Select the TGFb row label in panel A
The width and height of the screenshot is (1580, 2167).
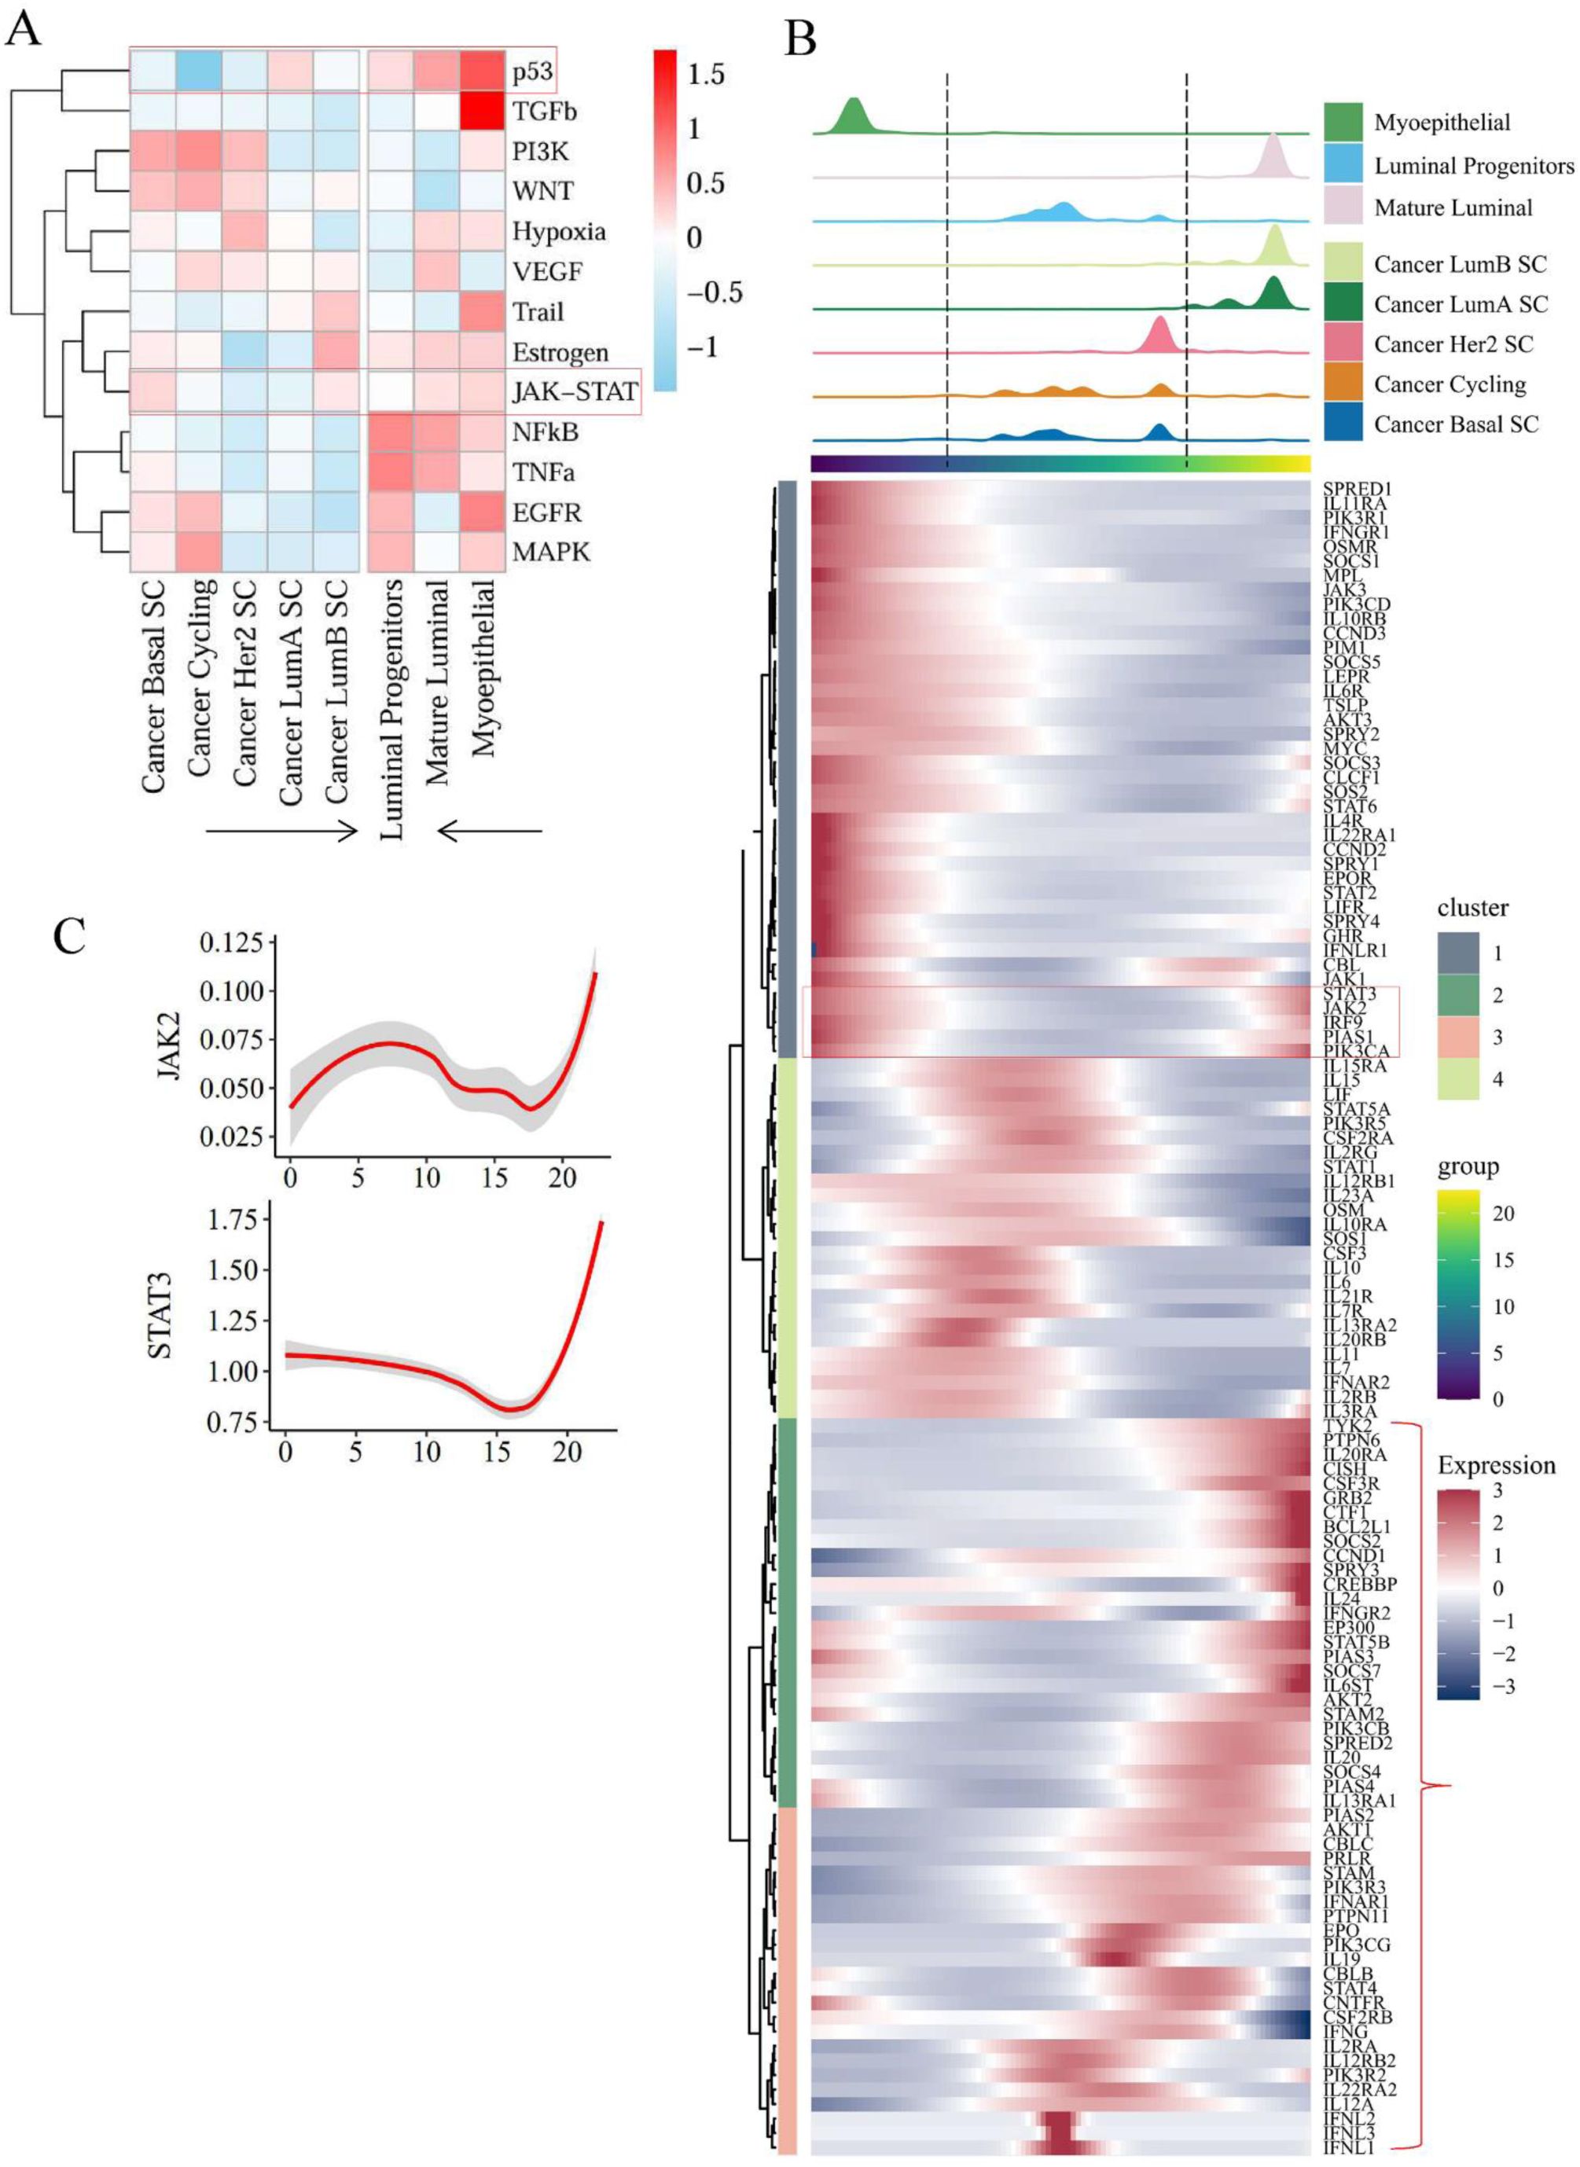tap(544, 112)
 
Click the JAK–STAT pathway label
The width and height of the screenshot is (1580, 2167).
tap(574, 392)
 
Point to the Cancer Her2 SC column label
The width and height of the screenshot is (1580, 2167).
tap(246, 683)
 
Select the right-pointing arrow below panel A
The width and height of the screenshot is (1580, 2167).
tap(282, 831)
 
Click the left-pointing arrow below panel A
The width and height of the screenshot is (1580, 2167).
tap(490, 831)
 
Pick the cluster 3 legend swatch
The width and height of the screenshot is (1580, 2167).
tap(1457, 1038)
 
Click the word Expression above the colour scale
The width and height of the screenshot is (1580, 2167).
tap(1496, 1466)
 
